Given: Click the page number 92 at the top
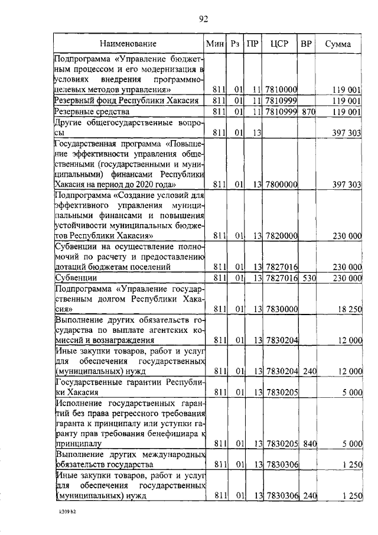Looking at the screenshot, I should click(x=204, y=20).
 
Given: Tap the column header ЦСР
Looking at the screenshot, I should click(x=279, y=44).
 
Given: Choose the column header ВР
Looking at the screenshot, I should click(x=306, y=44).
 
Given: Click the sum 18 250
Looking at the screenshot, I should click(x=349, y=309).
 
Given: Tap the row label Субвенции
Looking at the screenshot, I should click(x=73, y=277).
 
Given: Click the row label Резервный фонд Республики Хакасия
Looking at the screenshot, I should click(x=125, y=100).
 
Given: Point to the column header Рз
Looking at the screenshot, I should click(x=235, y=44).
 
